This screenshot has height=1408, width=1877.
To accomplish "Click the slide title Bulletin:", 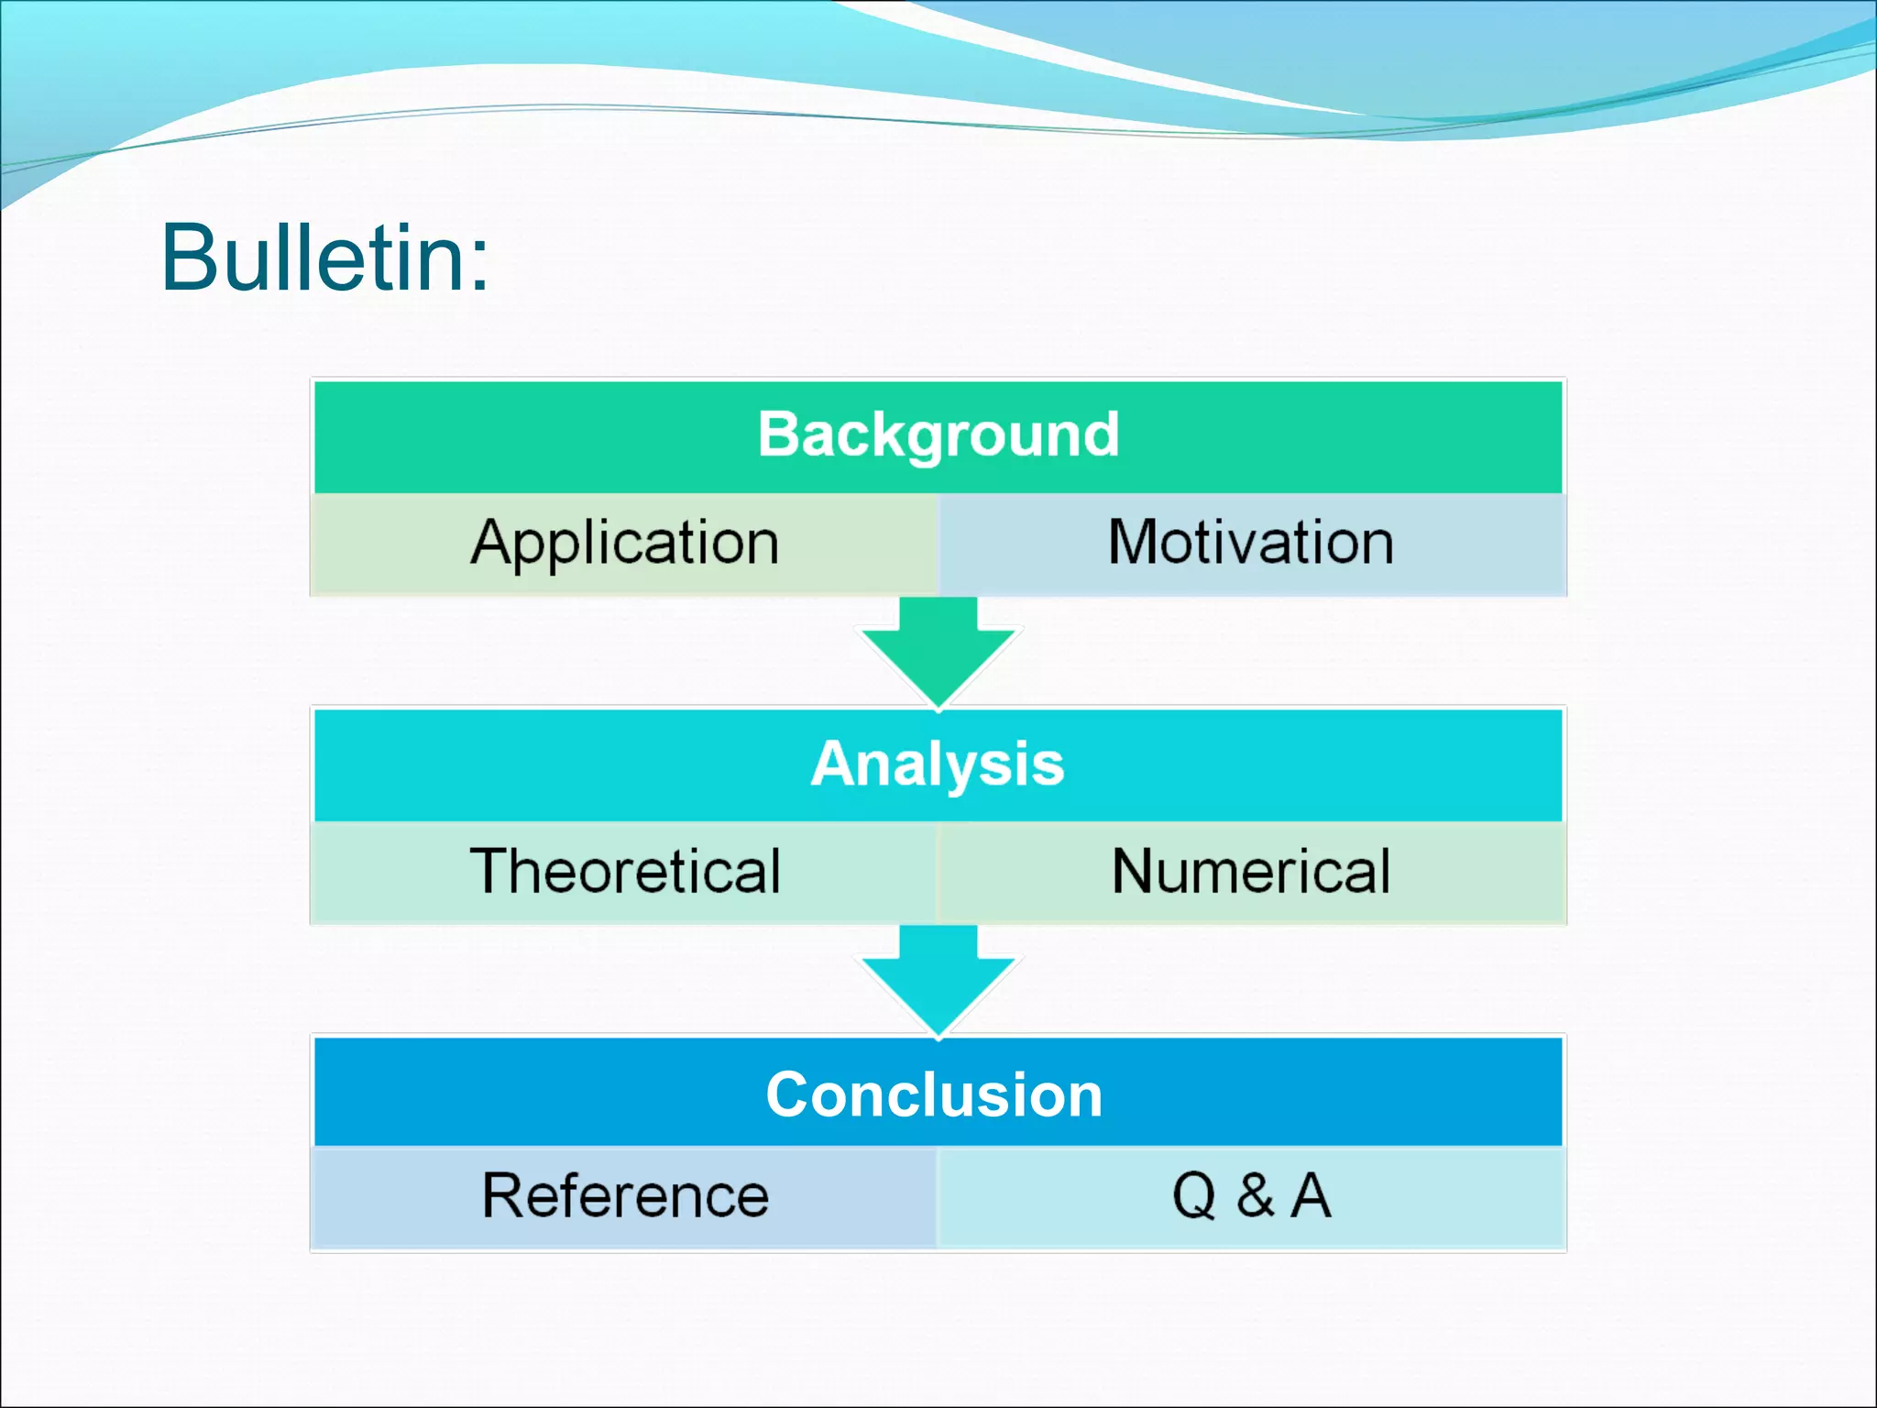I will coord(324,258).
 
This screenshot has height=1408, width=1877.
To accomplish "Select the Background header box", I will coord(938,435).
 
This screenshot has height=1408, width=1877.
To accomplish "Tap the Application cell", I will coord(624,544).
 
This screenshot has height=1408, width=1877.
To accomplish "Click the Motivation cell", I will coord(1251,543).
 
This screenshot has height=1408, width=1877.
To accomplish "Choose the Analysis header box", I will coord(938,764).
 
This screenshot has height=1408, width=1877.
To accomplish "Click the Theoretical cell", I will coord(624,872).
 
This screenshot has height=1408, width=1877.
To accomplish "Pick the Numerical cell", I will coord(1251,872).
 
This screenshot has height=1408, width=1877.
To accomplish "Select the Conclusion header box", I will coord(938,1094).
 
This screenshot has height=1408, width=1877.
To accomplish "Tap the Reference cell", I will coord(624,1197).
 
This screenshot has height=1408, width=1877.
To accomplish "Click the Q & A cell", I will coord(1251,1197).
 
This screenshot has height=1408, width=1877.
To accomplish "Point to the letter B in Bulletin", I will coord(190,258).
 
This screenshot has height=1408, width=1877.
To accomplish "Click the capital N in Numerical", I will coord(1137,871).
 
